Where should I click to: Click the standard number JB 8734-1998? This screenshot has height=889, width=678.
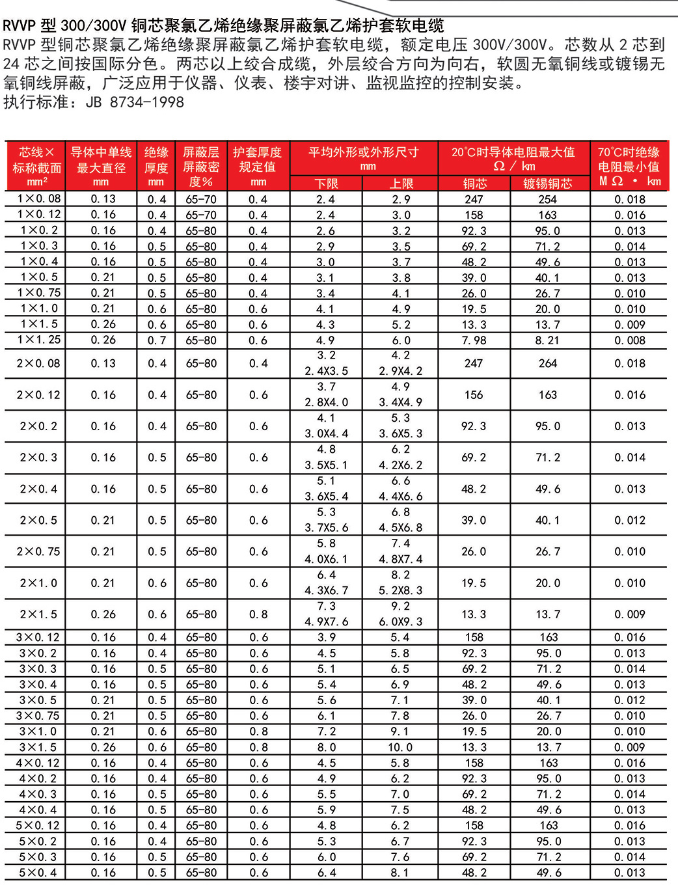pyautogui.click(x=135, y=102)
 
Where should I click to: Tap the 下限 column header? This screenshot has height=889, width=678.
pyautogui.click(x=327, y=184)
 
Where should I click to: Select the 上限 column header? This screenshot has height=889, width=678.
pyautogui.click(x=401, y=184)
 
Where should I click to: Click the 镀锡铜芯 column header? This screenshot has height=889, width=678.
pyautogui.click(x=548, y=184)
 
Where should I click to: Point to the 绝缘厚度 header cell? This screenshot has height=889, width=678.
pyautogui.click(x=156, y=167)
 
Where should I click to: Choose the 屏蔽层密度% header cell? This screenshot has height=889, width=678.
pyautogui.click(x=201, y=167)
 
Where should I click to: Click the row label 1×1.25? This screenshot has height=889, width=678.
pyautogui.click(x=39, y=340)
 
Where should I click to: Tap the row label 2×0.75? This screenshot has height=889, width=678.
pyautogui.click(x=38, y=551)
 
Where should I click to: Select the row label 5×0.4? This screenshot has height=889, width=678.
pyautogui.click(x=38, y=872)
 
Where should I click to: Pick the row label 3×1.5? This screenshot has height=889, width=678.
pyautogui.click(x=38, y=747)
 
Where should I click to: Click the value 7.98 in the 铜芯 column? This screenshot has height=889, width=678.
pyautogui.click(x=474, y=340)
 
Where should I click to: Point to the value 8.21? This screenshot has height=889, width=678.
pyautogui.click(x=548, y=340)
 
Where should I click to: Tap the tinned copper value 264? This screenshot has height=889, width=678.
pyautogui.click(x=548, y=363)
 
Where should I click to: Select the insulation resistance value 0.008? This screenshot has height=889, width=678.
pyautogui.click(x=630, y=340)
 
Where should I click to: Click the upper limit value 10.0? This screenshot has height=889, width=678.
pyautogui.click(x=401, y=747)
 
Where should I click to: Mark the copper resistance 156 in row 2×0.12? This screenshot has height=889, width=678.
pyautogui.click(x=474, y=394)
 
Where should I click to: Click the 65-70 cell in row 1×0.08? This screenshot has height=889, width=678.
pyautogui.click(x=201, y=199)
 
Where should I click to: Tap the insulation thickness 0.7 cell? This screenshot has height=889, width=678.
pyautogui.click(x=157, y=340)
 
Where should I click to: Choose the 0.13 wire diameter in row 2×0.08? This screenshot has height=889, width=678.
pyautogui.click(x=103, y=363)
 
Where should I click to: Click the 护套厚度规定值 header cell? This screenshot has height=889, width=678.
pyautogui.click(x=258, y=167)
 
